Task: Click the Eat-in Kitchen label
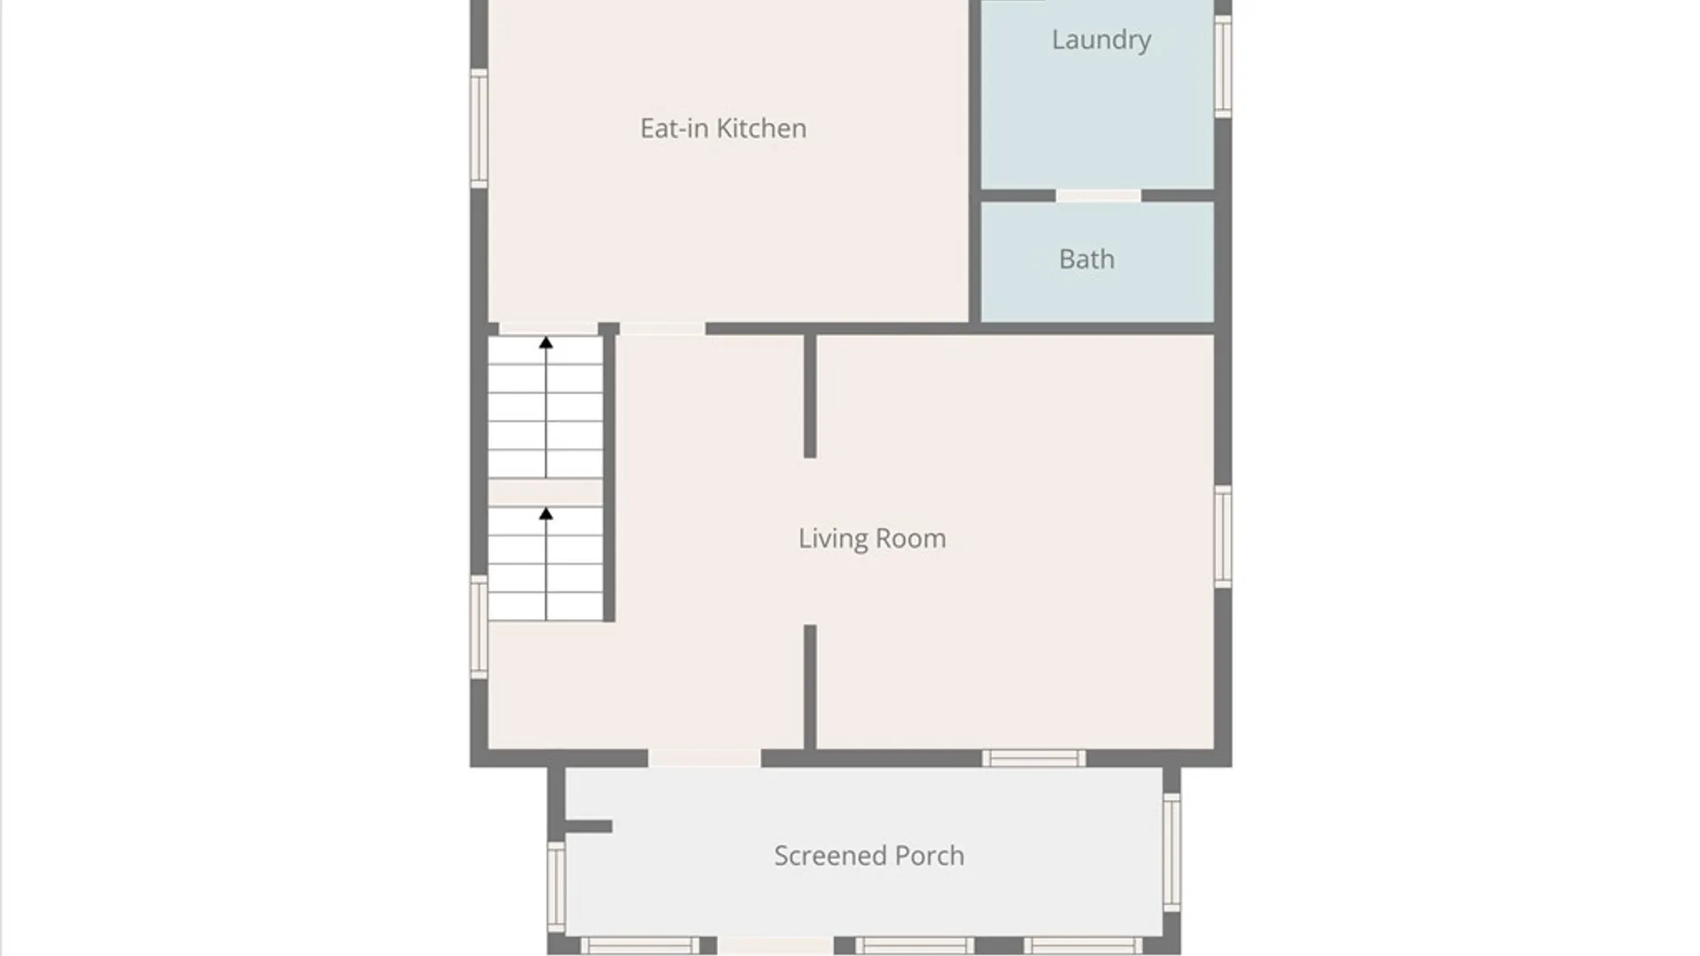723,128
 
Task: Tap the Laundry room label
1101,40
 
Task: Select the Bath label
1086,259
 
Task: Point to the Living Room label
872,539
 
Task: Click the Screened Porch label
869,856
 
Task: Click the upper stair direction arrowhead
546,343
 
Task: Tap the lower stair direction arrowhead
546,513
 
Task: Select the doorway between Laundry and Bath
1098,196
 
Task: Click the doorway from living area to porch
705,759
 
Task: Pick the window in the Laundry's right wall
1223,66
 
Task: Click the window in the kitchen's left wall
479,128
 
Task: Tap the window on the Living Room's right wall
1223,536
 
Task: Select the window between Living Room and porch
1034,759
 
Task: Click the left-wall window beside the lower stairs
479,627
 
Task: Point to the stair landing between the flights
545,492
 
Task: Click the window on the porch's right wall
1171,852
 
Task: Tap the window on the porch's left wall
556,886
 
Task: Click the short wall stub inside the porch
588,827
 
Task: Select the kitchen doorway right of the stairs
662,329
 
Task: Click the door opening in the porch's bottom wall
776,946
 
